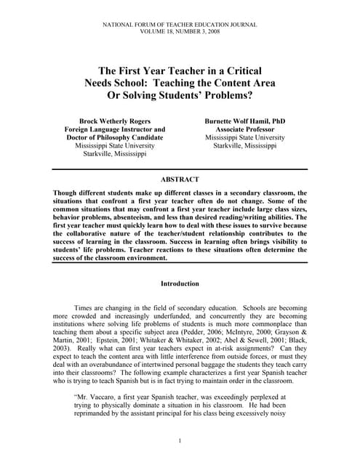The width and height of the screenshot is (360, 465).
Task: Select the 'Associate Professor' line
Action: click(x=244, y=128)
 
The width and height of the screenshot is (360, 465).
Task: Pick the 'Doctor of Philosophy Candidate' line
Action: click(x=116, y=137)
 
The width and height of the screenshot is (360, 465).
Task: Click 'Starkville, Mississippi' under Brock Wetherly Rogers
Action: click(x=116, y=154)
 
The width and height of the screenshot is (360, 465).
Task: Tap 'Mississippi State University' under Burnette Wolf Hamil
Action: click(x=244, y=137)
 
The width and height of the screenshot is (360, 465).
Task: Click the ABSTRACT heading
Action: click(x=180, y=178)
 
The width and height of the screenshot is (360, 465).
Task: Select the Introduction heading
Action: click(x=180, y=283)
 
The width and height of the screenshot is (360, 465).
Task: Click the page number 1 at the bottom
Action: click(x=180, y=441)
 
